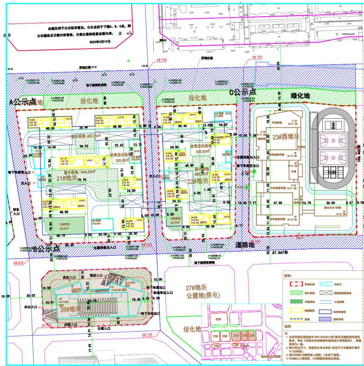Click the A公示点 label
click(23, 102)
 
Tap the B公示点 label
click(44, 249)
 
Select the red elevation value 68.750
click(161, 60)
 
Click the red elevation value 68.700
click(254, 57)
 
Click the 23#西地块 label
click(277, 137)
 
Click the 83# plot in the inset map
click(218, 319)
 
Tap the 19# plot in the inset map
click(215, 336)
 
